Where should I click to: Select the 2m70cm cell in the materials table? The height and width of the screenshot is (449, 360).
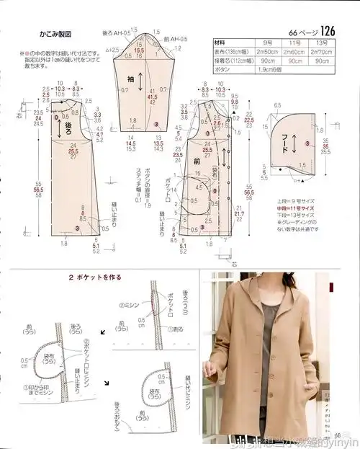(325, 52)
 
